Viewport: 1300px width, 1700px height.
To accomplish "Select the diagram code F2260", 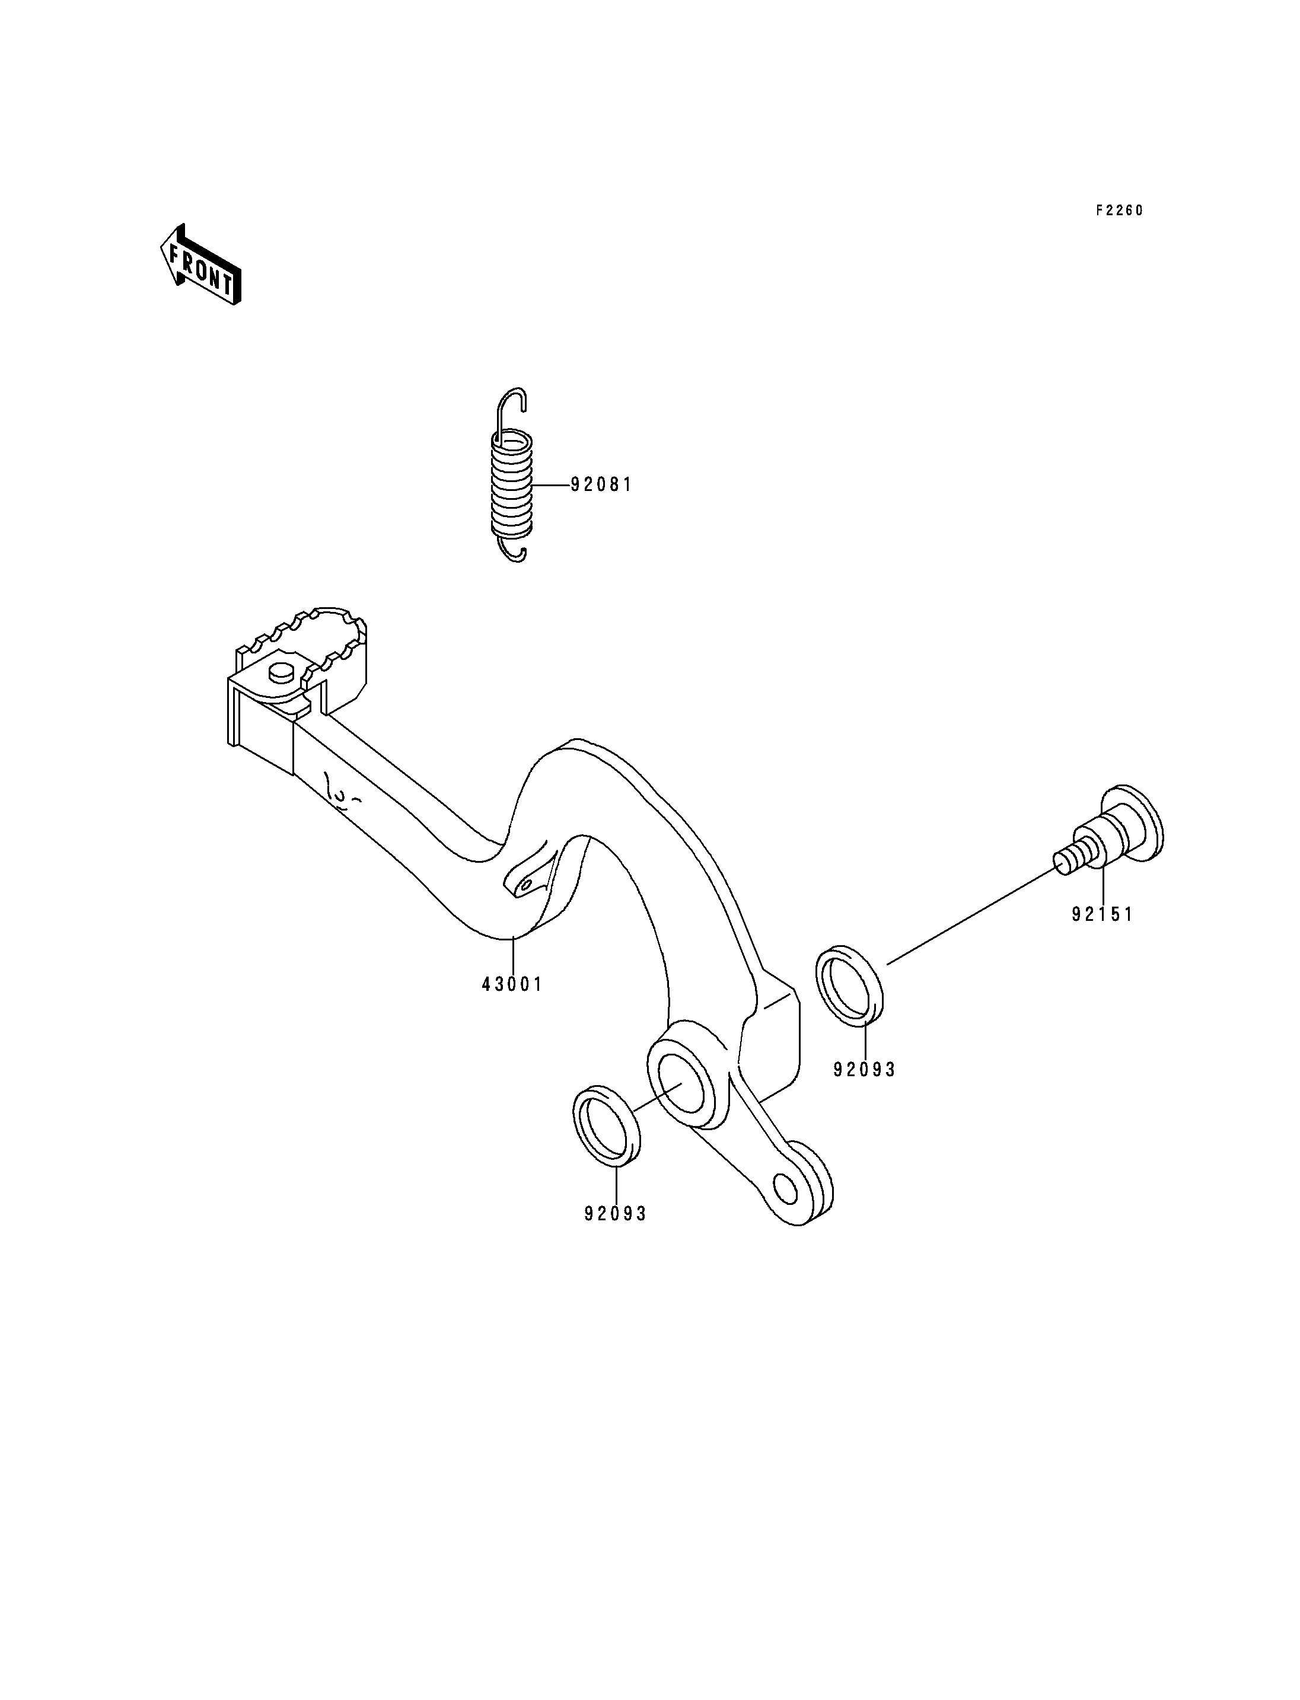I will pyautogui.click(x=1118, y=210).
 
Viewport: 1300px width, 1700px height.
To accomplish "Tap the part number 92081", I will pyautogui.click(x=601, y=485).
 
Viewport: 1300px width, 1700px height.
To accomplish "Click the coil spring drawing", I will pyautogui.click(x=512, y=484).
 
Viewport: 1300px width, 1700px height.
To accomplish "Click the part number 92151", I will pyautogui.click(x=1102, y=914).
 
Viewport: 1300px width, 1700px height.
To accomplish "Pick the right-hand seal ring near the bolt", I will pyautogui.click(x=850, y=984).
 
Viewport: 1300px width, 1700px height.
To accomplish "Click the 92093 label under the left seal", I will pyautogui.click(x=615, y=1214).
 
